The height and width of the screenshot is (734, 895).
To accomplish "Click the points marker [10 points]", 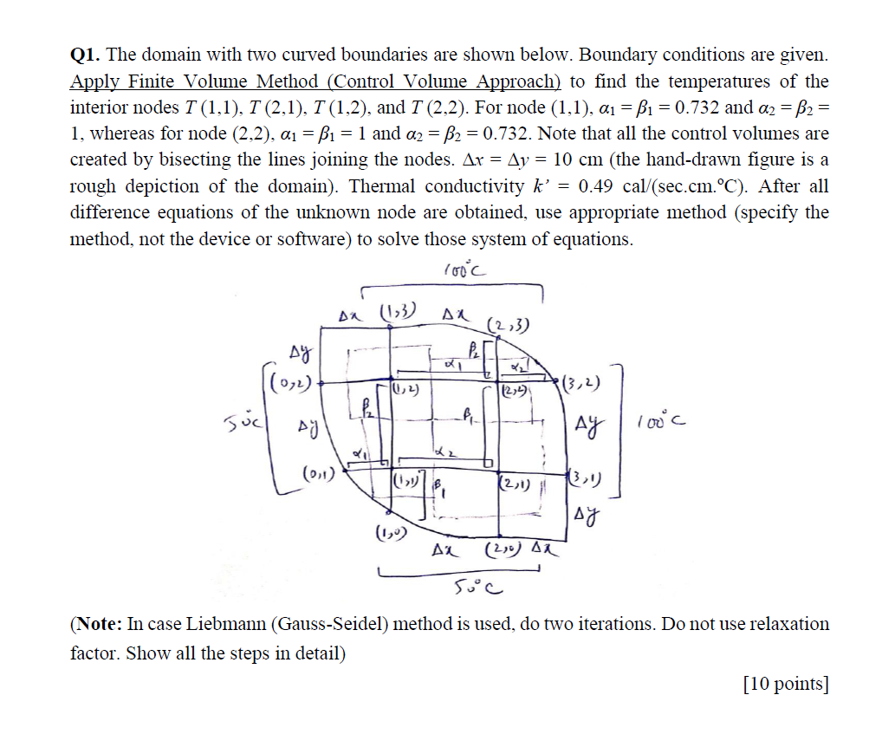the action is pyautogui.click(x=786, y=684).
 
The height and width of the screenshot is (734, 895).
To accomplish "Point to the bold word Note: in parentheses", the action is pyautogui.click(x=99, y=624).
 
